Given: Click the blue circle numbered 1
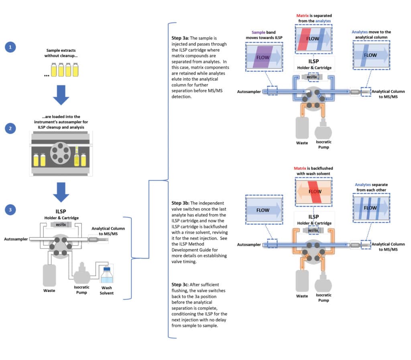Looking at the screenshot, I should coord(10,48).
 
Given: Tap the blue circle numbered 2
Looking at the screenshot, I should coord(10,129).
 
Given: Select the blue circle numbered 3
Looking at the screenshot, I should coord(10,209).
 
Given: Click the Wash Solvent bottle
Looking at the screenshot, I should coord(106,277).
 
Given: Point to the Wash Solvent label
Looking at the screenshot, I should coord(106,290).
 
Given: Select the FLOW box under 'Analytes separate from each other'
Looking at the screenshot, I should coord(370,207).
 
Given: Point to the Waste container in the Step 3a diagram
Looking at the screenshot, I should coord(302,128).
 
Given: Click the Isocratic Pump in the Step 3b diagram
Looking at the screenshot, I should coord(324,283).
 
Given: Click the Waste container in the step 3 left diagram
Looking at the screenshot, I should coord(50,275).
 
